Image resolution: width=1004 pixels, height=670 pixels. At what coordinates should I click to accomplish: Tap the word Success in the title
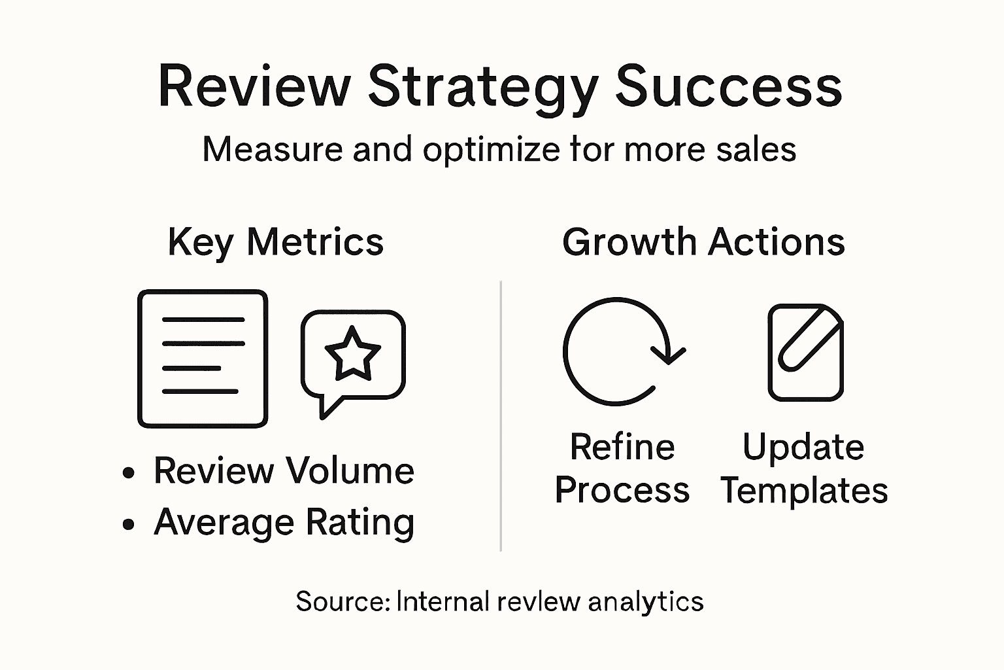pyautogui.click(x=728, y=87)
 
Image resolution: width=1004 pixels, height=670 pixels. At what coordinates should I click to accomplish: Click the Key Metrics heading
pyautogui.click(x=275, y=243)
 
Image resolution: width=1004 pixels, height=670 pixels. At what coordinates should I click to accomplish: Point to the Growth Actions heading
pyautogui.click(x=703, y=242)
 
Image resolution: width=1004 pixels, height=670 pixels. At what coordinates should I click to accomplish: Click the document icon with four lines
pyautogui.click(x=203, y=359)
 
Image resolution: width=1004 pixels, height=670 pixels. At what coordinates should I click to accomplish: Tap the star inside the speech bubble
pyautogui.click(x=352, y=354)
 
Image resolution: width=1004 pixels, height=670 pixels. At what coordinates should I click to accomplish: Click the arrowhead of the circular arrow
pyautogui.click(x=667, y=354)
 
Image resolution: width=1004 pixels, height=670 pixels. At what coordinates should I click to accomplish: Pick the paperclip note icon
pyautogui.click(x=805, y=352)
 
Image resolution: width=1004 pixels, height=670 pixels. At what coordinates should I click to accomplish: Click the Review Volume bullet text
pyautogui.click(x=284, y=470)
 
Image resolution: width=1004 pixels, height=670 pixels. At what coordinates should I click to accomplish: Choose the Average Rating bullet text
pyautogui.click(x=284, y=522)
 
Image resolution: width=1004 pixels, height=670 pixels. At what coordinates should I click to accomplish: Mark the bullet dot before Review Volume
pyautogui.click(x=129, y=472)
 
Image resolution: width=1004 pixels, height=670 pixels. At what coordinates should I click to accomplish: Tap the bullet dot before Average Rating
pyautogui.click(x=129, y=523)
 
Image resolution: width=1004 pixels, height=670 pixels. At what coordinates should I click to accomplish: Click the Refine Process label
pyautogui.click(x=622, y=468)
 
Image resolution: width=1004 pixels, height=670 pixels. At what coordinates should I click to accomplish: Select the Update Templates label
pyautogui.click(x=804, y=468)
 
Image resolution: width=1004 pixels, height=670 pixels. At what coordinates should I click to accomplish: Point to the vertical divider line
pyautogui.click(x=501, y=416)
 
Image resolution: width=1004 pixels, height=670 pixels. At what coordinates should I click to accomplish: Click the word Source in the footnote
pyautogui.click(x=342, y=601)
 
